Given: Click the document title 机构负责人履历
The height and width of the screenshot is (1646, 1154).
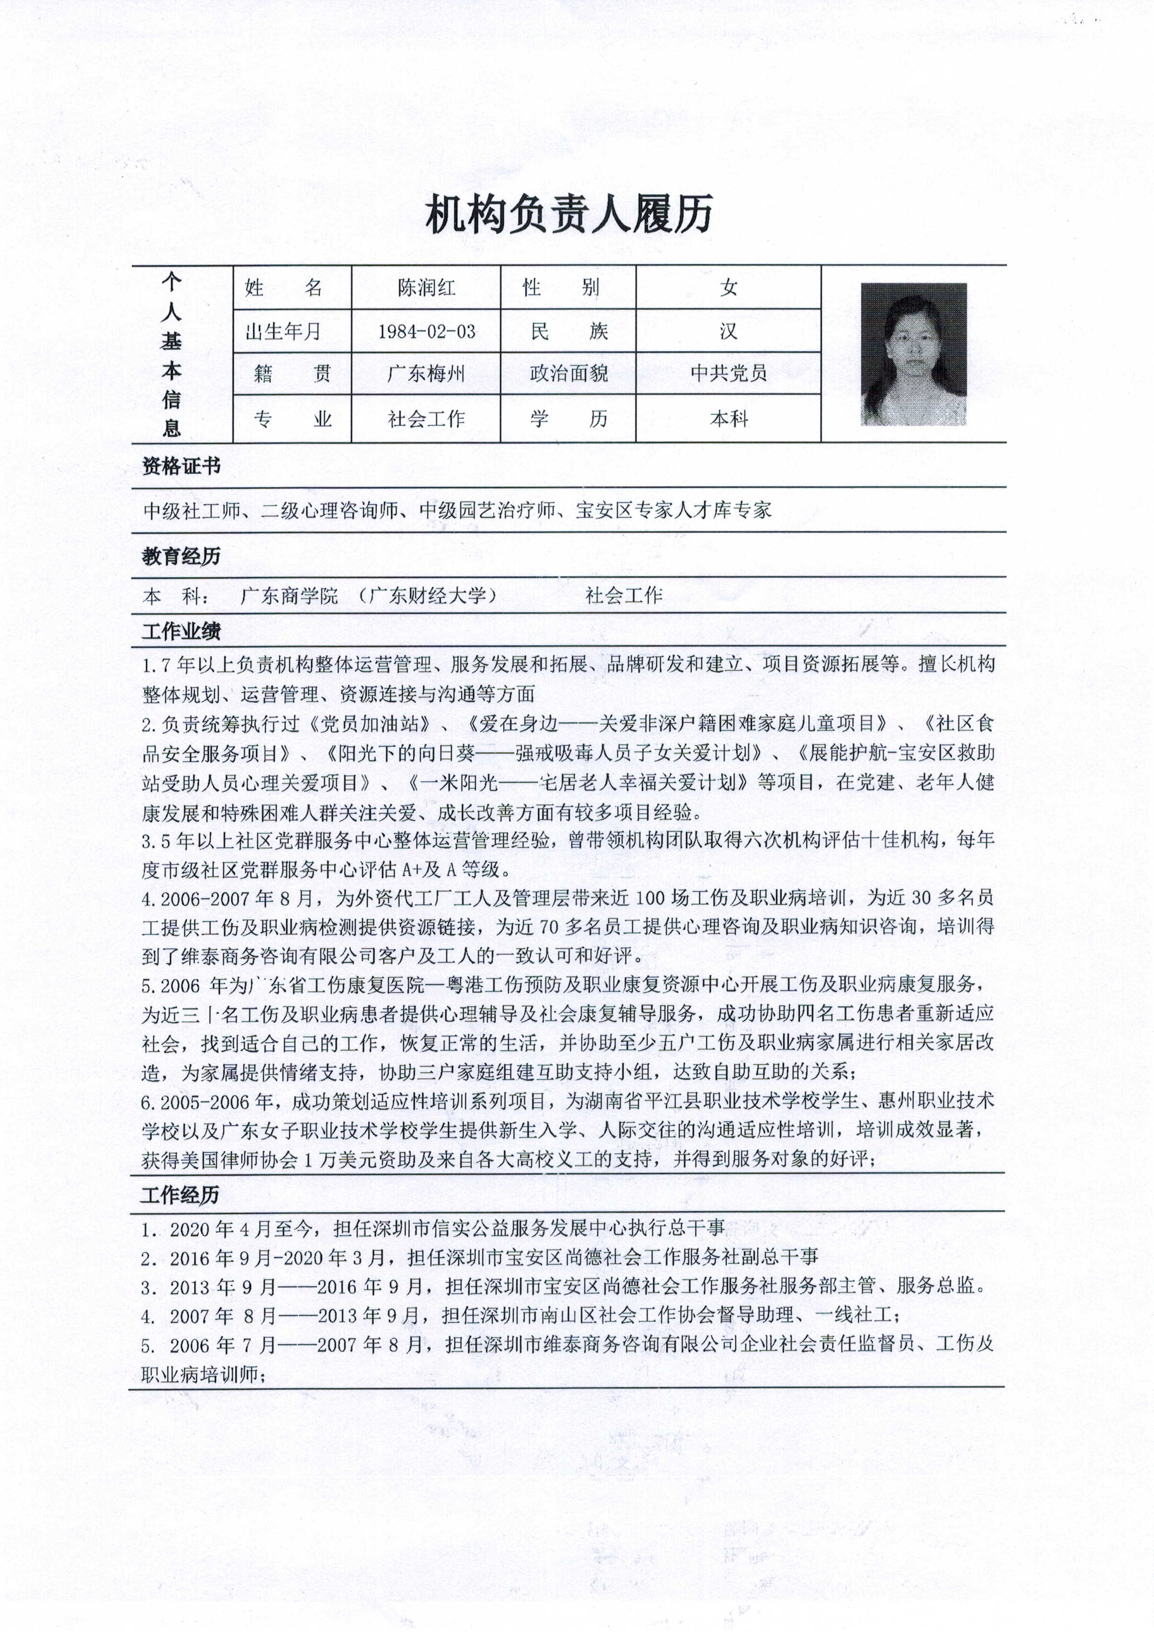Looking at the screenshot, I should pos(569,215).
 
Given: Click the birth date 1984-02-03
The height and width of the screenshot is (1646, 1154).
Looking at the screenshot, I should pos(426,331).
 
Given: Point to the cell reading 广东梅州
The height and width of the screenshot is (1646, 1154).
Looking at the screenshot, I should pos(426,374).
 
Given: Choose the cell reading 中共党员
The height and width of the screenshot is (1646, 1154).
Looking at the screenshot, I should pos(728,374).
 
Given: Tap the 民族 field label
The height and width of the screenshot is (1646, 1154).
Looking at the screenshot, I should pos(568,331).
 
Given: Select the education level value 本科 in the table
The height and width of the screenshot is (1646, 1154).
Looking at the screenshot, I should pos(728,419).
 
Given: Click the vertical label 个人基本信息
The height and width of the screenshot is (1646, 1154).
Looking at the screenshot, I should pos(170,355).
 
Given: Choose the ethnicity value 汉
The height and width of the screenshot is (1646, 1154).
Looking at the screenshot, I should pos(728,331).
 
